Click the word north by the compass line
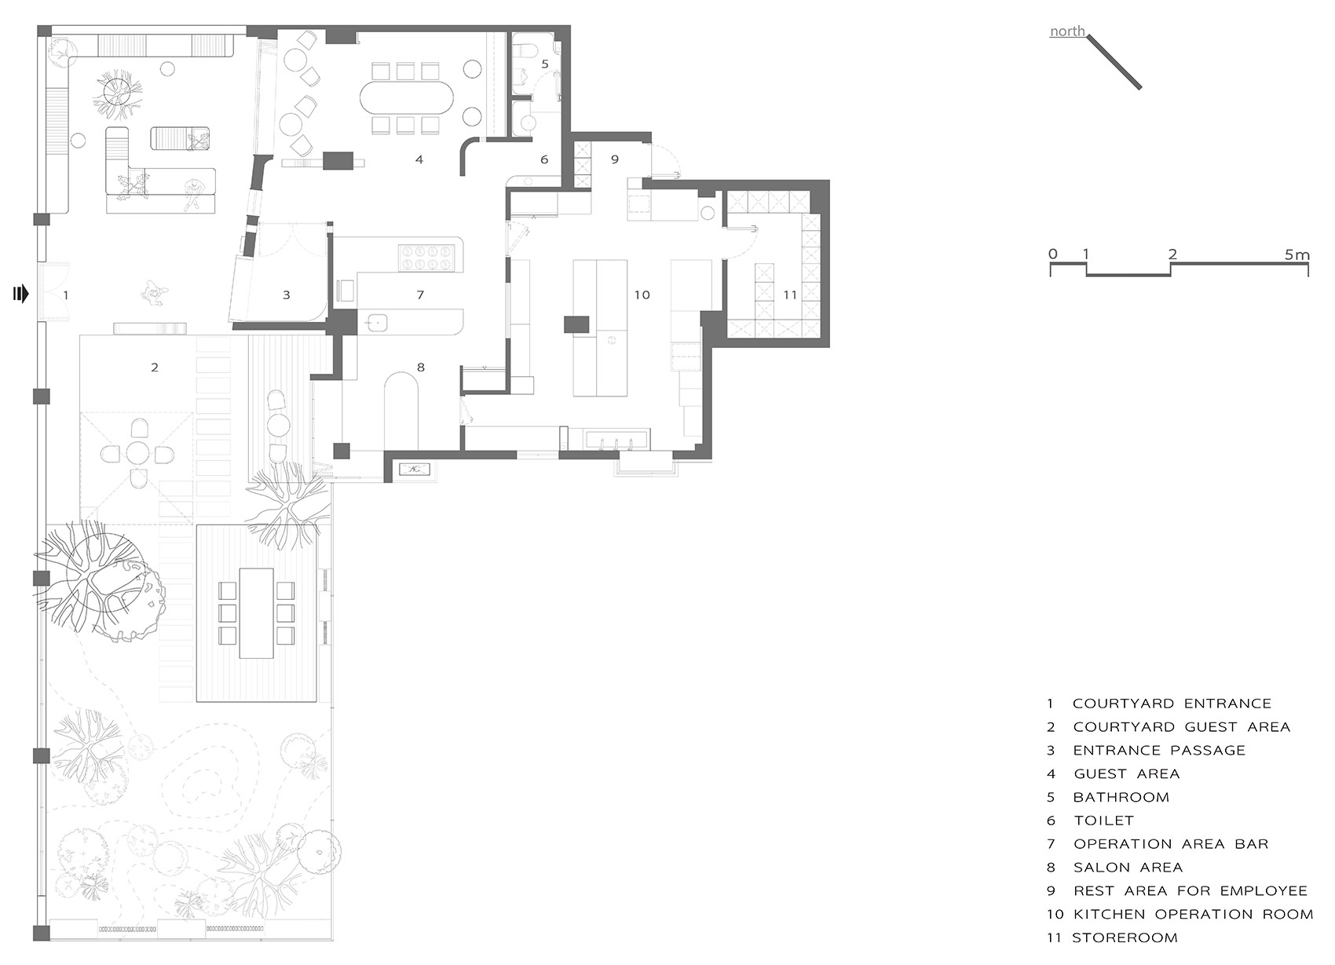coord(1067,31)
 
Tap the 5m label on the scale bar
coord(1297,255)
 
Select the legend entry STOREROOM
coord(1125,938)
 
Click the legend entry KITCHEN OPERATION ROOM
coord(1193,914)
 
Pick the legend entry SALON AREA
coord(1128,868)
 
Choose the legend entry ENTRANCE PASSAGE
coord(1159,751)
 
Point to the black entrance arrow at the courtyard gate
coord(21,294)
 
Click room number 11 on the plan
coord(790,294)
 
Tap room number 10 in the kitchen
coord(642,294)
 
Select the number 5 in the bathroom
coord(545,64)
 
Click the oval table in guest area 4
coord(407,97)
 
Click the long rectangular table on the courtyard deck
coord(256,612)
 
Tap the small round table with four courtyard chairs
coord(137,454)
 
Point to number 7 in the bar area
coord(420,294)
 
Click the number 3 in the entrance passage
coord(286,294)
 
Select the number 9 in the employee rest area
coord(614,159)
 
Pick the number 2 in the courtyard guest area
coord(155,367)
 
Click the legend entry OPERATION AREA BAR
coord(1171,844)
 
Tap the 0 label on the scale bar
coord(1053,254)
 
